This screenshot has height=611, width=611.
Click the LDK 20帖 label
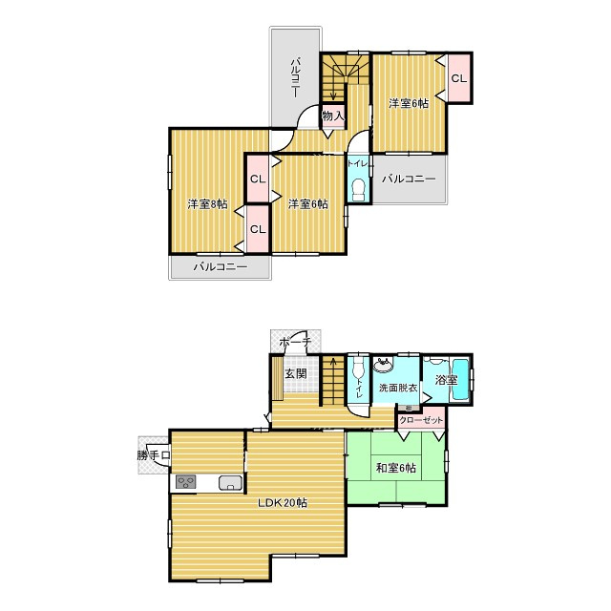[x=283, y=503]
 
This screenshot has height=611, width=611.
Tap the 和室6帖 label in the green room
[x=395, y=468]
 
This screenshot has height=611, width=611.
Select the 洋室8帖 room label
[x=207, y=203]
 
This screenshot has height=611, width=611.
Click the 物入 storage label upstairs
[x=333, y=116]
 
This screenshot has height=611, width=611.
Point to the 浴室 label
[x=446, y=380]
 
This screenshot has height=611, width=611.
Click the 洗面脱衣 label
[x=398, y=388]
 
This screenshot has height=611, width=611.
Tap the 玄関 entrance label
[x=296, y=373]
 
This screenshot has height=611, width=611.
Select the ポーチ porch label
[x=296, y=342]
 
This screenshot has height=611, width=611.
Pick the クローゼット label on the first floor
[x=421, y=420]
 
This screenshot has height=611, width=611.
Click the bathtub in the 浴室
[x=460, y=379]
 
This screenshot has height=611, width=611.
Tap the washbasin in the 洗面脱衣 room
[x=383, y=366]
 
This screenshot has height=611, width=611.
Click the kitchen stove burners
[x=185, y=482]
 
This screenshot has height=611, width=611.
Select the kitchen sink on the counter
[x=231, y=483]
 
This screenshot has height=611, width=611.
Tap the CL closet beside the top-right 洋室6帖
[x=459, y=78]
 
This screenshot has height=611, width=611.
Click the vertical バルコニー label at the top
[x=296, y=77]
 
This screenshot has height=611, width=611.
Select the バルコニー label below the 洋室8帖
[x=221, y=267]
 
